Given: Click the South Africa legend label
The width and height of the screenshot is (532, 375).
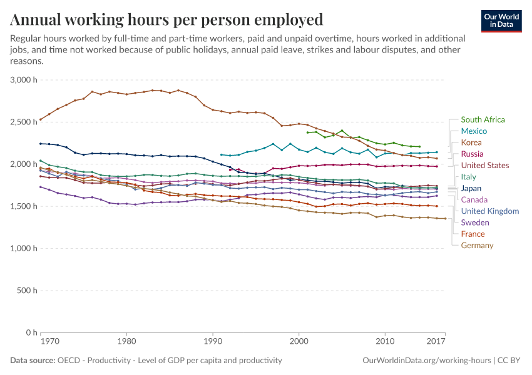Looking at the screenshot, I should click(483, 119).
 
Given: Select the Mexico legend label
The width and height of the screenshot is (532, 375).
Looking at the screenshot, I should click(474, 131).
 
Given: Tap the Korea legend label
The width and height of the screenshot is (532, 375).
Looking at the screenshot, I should click(472, 142).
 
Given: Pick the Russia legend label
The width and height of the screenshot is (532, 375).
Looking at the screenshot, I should click(473, 154).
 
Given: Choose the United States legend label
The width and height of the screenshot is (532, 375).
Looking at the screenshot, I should click(485, 166).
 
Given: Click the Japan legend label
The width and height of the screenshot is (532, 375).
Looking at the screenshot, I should click(471, 188).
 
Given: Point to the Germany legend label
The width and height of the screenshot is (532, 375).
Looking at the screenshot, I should click(477, 246).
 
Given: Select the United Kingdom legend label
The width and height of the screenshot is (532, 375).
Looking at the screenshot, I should click(490, 211).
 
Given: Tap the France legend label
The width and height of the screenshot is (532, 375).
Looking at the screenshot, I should click(473, 234).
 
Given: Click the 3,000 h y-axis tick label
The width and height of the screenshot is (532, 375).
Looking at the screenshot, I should click(24, 80).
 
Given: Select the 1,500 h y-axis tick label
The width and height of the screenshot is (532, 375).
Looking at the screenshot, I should click(24, 206).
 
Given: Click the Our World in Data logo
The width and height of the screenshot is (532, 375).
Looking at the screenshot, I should click(501, 21).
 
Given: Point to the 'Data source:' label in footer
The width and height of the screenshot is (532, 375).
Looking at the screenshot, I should click(32, 361).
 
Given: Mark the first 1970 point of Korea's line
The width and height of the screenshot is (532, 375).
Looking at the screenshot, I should click(41, 119).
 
